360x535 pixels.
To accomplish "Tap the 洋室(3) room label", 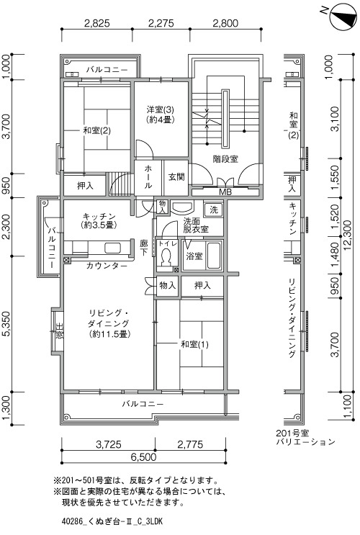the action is (161, 110).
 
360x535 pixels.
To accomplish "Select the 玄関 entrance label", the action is (176, 176).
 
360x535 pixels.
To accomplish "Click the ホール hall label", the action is (148, 176).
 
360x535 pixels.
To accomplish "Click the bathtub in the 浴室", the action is (214, 255).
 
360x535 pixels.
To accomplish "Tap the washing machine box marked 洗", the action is (213, 210).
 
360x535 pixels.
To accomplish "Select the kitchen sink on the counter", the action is (113, 248).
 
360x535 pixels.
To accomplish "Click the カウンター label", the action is (107, 266).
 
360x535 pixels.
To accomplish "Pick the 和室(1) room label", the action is (194, 344).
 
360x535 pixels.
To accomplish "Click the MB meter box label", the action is (225, 192).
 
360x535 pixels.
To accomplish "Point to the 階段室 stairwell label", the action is (225, 159).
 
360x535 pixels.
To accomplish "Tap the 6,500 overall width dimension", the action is (143, 457).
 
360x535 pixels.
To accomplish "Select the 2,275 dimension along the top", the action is (161, 23).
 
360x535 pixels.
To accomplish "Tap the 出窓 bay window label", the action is (59, 331).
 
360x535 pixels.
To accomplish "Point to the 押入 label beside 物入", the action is (202, 285).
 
